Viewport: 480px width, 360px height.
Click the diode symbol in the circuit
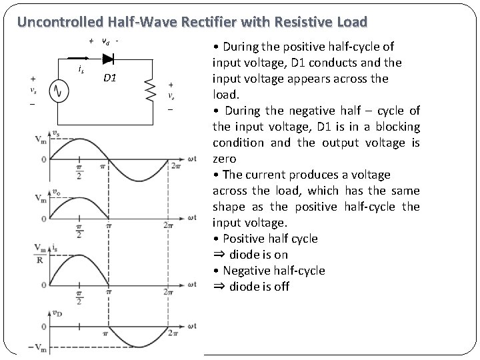click(x=107, y=59)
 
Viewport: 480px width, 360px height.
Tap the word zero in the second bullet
click(x=225, y=159)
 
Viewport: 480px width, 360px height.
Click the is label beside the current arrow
click(x=81, y=69)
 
